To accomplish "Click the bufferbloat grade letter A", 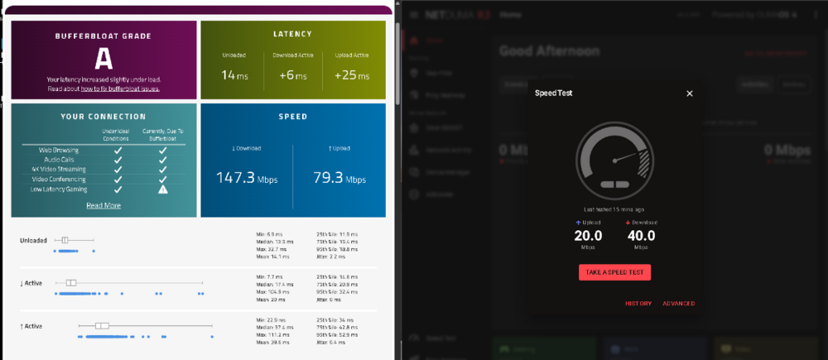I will pyautogui.click(x=103, y=58).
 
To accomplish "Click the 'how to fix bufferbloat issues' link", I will pyautogui.click(x=120, y=88).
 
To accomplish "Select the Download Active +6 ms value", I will pyautogui.click(x=294, y=75).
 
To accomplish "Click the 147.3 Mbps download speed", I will pyautogui.click(x=246, y=178).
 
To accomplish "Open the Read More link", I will pyautogui.click(x=103, y=205).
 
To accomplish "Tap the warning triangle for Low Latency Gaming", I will pyautogui.click(x=163, y=189).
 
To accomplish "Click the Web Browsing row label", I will pyautogui.click(x=58, y=150).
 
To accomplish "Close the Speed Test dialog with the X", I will pyautogui.click(x=690, y=94).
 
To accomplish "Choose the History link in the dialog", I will pyautogui.click(x=638, y=304).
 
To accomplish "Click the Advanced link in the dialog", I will pyautogui.click(x=678, y=304).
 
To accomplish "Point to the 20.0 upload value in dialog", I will pyautogui.click(x=588, y=236).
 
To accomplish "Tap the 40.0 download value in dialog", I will pyautogui.click(x=640, y=236).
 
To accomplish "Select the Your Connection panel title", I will pyautogui.click(x=103, y=117).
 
